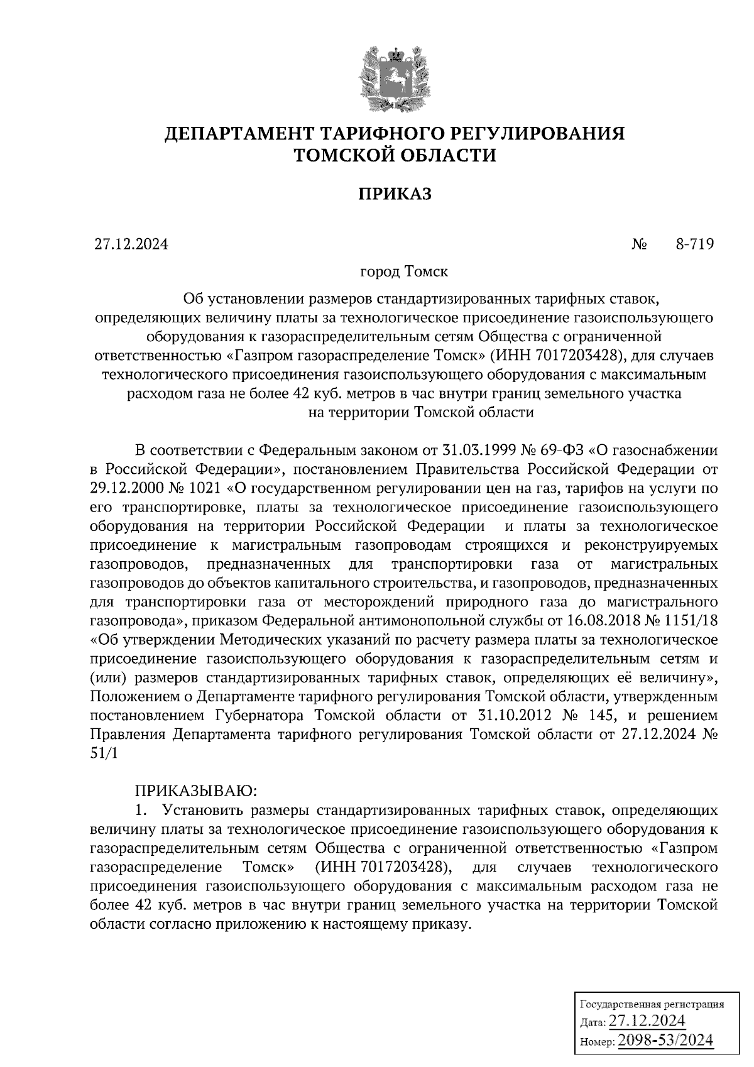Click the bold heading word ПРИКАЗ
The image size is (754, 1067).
395,194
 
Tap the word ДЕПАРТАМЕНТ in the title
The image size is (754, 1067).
240,134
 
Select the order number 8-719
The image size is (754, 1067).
694,244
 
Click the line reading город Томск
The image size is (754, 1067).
403,273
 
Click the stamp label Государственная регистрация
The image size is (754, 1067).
650,1004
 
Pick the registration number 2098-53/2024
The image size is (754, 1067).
666,1041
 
